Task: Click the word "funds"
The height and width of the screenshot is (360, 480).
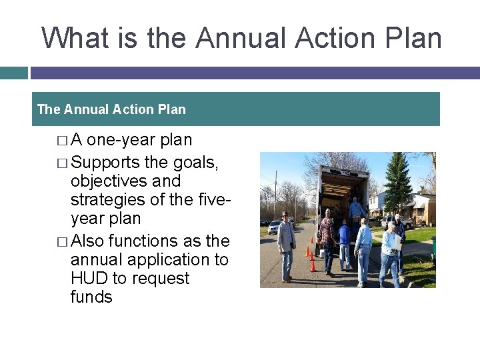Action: coord(91,297)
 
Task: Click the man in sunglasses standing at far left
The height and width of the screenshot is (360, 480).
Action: coord(286,244)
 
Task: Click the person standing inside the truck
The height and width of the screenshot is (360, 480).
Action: coord(357,208)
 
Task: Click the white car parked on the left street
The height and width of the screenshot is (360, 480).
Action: coord(273,227)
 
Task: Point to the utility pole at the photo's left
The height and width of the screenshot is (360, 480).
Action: coord(275,193)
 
